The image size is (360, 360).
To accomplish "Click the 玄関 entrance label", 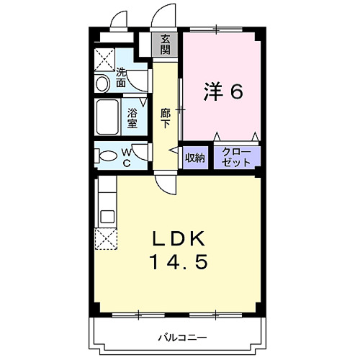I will click(166, 45).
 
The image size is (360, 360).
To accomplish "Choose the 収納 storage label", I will click(195, 158).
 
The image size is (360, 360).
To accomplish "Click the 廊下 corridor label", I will click(166, 117).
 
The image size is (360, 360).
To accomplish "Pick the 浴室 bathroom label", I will click(132, 117).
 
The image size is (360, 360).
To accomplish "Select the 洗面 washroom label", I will click(122, 77).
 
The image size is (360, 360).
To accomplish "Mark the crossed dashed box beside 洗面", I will click(107, 58).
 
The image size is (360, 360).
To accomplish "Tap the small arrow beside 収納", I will click(173, 150).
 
